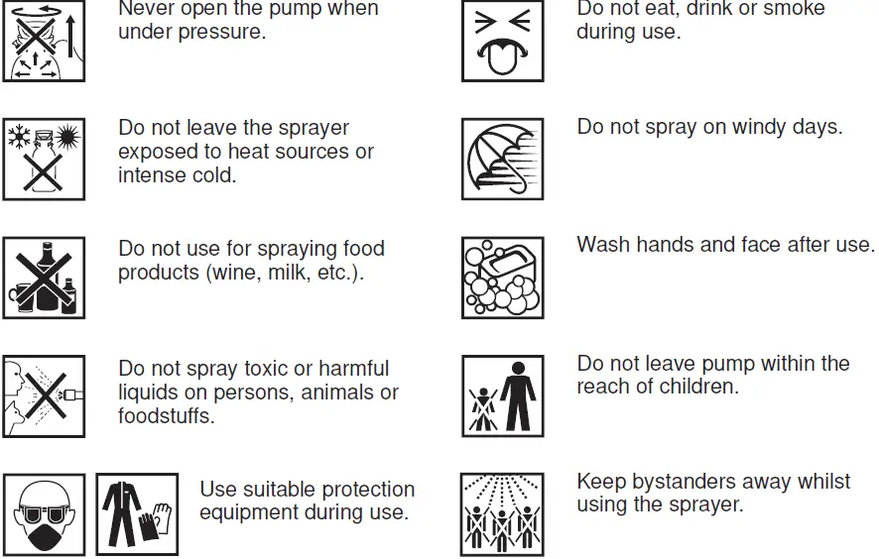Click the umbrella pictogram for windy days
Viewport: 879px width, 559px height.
502,159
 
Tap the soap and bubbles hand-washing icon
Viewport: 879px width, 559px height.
502,278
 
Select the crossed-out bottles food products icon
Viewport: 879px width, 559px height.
44,278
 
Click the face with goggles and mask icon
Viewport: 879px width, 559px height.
44,514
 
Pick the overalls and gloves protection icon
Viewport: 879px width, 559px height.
137,514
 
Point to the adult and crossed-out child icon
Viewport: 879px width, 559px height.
502,395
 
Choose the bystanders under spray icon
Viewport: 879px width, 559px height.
502,514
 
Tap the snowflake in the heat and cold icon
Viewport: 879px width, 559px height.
20,136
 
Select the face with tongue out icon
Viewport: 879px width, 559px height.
502,42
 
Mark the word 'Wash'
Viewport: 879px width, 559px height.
603,244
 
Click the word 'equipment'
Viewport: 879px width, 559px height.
251,513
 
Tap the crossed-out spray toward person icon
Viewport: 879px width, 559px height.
44,395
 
